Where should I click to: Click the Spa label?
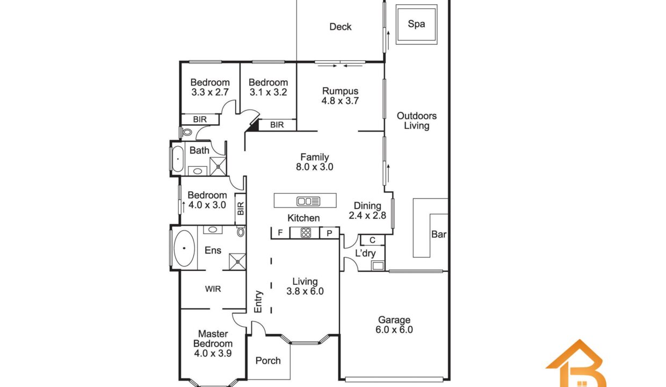pyautogui.click(x=416, y=24)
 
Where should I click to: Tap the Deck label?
pyautogui.click(x=341, y=27)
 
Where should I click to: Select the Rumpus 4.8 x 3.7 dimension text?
pyautogui.click(x=340, y=101)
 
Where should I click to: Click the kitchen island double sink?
pyautogui.click(x=308, y=202)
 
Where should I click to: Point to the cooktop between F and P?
pyautogui.click(x=306, y=233)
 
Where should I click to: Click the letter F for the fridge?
pyautogui.click(x=280, y=233)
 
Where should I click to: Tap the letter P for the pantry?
pyautogui.click(x=329, y=233)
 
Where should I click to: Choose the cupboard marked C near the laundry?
pyautogui.click(x=373, y=240)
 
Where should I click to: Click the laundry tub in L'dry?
pyautogui.click(x=378, y=266)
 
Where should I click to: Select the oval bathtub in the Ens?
pyautogui.click(x=184, y=248)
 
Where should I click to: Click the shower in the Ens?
pyautogui.click(x=237, y=262)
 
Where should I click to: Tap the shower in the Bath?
pyautogui.click(x=218, y=166)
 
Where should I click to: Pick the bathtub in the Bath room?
pyautogui.click(x=178, y=159)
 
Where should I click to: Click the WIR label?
pyautogui.click(x=213, y=289)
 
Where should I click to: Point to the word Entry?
pyautogui.click(x=258, y=302)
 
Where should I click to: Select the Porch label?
pyautogui.click(x=268, y=361)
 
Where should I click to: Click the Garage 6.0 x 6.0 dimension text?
pyautogui.click(x=394, y=330)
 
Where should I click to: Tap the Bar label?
pyautogui.click(x=439, y=234)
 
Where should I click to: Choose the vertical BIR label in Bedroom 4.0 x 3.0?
pyautogui.click(x=241, y=208)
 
